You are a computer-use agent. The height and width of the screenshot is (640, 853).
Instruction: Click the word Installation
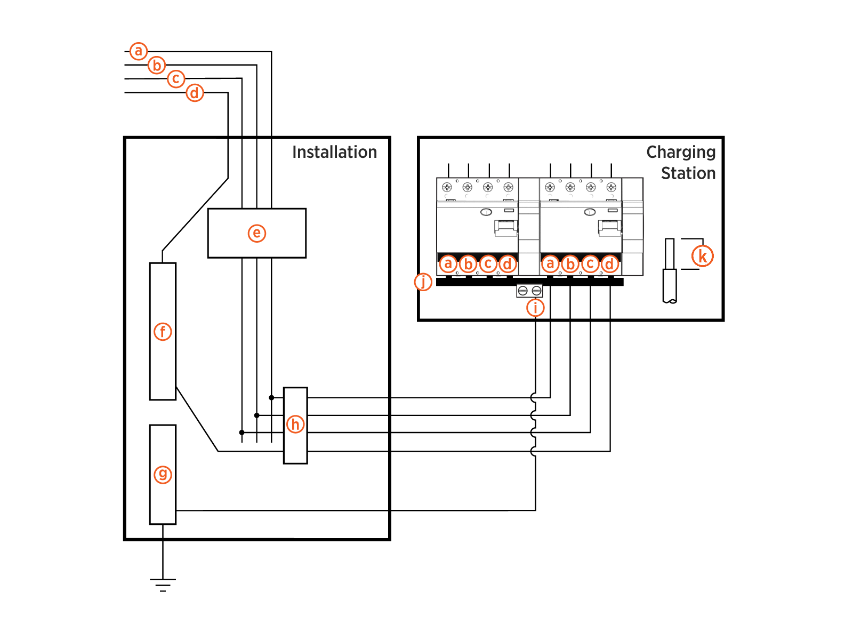(334, 153)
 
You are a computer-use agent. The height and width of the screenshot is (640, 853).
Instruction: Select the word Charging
(681, 153)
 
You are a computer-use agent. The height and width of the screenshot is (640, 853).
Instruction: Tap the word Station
(688, 173)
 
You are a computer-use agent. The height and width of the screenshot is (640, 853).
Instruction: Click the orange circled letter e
(257, 233)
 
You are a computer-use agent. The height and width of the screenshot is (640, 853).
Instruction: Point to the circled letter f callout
(163, 332)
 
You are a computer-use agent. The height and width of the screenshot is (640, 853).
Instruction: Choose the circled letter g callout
(163, 474)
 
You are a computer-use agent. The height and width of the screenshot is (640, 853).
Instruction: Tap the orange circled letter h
(295, 425)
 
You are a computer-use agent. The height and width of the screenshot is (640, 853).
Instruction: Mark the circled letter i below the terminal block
(535, 308)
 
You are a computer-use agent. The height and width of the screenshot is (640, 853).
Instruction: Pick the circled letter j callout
(423, 282)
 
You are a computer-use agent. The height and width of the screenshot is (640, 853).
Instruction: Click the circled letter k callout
(703, 256)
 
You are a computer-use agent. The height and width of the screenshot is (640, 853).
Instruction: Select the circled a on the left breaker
(448, 263)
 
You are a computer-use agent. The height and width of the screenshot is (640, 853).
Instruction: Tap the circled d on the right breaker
(610, 264)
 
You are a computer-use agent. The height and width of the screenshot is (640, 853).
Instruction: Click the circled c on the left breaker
(488, 264)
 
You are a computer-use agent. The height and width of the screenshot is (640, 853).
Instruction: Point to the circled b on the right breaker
(570, 264)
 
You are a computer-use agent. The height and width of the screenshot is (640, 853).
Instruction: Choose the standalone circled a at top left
(139, 51)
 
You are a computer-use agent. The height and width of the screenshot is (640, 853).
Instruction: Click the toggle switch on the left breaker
(506, 228)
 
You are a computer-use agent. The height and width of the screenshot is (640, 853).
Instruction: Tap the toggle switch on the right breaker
(609, 228)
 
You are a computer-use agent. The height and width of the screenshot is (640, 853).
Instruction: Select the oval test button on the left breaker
(486, 212)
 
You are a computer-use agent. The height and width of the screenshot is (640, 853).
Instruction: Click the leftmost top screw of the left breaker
(447, 187)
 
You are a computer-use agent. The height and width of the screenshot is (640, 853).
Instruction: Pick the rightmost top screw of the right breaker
(611, 187)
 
